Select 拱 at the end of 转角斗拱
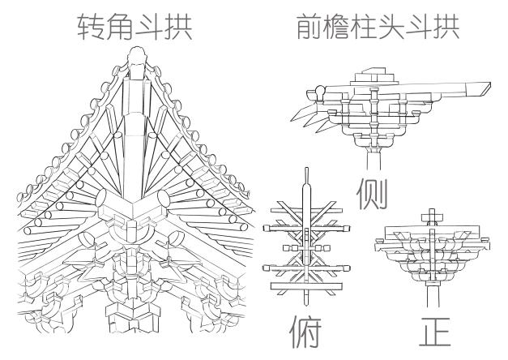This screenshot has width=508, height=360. pyautogui.click(x=178, y=27)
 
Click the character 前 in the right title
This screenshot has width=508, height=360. pyautogui.click(x=309, y=27)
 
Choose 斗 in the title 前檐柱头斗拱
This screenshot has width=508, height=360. pyautogui.click(x=419, y=27)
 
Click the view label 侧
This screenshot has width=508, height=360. pyautogui.click(x=372, y=194)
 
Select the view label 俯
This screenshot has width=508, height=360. pyautogui.click(x=305, y=332)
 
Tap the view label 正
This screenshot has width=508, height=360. pyautogui.click(x=435, y=332)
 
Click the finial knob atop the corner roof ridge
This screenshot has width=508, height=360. pyautogui.click(x=138, y=55)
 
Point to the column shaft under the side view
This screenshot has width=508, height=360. pyautogui.click(x=374, y=160)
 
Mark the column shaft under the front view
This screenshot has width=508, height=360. pyautogui.click(x=433, y=296)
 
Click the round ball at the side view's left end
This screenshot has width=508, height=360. pyautogui.click(x=321, y=91)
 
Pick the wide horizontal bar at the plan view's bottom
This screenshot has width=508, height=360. pyautogui.click(x=306, y=286)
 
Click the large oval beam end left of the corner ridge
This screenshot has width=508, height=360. pyautogui.click(x=100, y=198)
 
